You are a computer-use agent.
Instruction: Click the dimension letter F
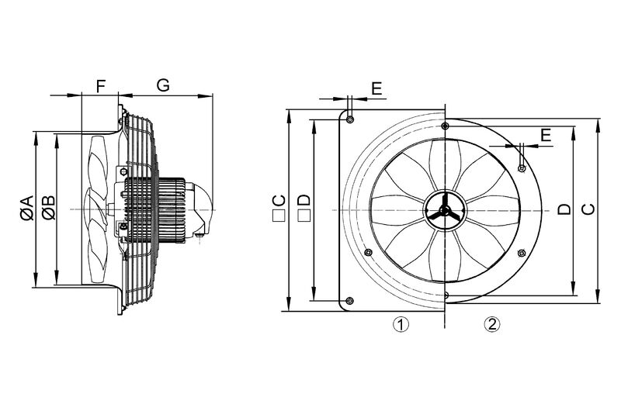102,85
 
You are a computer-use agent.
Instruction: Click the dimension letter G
163,85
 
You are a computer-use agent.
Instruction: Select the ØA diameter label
27,207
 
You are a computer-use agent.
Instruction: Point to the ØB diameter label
49,207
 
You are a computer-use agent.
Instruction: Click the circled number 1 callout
401,324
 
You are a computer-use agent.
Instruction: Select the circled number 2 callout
492,324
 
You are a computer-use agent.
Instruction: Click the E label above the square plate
376,88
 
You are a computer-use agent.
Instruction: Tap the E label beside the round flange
546,135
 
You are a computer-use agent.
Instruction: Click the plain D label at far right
564,209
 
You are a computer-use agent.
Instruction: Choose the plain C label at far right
588,209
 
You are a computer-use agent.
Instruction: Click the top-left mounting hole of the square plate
350,119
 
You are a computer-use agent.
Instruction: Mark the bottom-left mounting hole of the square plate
350,301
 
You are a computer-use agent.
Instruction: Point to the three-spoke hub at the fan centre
445,210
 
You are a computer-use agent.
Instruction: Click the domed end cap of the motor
202,209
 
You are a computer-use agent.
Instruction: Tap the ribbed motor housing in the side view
155,209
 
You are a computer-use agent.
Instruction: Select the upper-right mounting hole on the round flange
522,168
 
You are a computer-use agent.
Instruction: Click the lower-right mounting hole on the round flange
522,253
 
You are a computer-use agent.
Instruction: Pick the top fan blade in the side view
98,166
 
